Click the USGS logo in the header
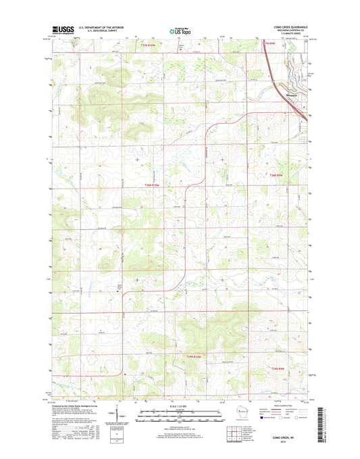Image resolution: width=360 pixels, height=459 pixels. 60,30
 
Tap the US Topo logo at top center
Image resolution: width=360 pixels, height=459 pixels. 180,30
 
